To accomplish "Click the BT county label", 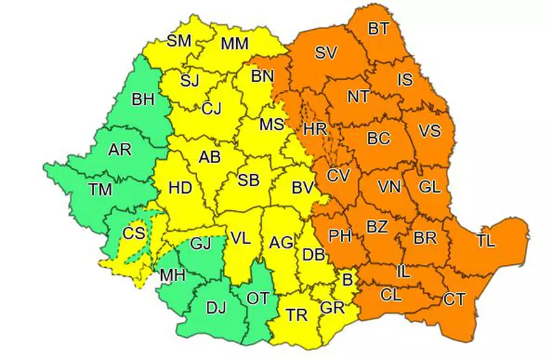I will pos(379,29).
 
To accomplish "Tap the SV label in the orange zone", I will pos(325,53).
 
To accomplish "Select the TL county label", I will pos(486,241).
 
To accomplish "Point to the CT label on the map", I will pos(454,300).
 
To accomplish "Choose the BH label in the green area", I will pos(141,100).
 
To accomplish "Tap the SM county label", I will pos(179,41).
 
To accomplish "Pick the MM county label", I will pos(234,44).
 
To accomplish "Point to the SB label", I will pos(248,180).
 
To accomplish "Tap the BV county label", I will pos(303,187).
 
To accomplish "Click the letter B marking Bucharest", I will pos(347,277).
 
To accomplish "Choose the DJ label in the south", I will pos(216,309).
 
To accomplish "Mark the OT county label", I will pos(258,298).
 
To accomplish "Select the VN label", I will pos(388,187).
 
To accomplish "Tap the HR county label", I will pos(315,129).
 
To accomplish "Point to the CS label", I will pos(134,233).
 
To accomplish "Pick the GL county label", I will pos(430,187).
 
